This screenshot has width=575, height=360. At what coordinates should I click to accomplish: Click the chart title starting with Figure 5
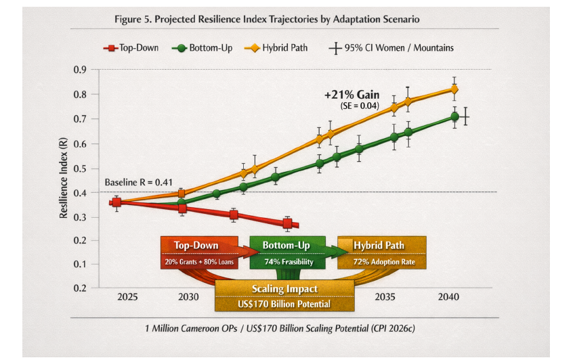pyautogui.click(x=267, y=19)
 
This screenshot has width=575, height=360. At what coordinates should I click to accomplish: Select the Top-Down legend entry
pyautogui.click(x=131, y=48)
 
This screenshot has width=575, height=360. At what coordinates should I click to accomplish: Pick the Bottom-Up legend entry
pyautogui.click(x=202, y=48)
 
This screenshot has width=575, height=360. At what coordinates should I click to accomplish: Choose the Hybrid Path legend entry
pyautogui.click(x=276, y=48)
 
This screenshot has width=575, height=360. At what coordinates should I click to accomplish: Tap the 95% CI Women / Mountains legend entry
pyautogui.click(x=391, y=48)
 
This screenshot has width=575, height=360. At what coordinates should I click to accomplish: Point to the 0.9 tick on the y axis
pyautogui.click(x=80, y=70)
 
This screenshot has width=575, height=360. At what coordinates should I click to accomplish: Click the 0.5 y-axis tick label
pyautogui.click(x=80, y=168)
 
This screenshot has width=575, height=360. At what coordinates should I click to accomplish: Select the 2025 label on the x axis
pyautogui.click(x=127, y=296)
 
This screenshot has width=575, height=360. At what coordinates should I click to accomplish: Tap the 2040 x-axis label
pyautogui.click(x=448, y=296)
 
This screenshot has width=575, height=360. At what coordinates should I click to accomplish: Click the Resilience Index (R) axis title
pyautogui.click(x=64, y=178)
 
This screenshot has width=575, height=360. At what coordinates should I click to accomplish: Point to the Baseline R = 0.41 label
pyautogui.click(x=139, y=182)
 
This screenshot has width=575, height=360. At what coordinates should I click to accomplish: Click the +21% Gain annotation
pyautogui.click(x=352, y=95)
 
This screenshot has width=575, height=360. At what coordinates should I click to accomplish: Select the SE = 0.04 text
pyautogui.click(x=360, y=106)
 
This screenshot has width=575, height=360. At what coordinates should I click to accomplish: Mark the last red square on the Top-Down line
pyautogui.click(x=287, y=223)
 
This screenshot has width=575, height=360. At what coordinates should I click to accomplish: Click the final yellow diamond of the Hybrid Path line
pyautogui.click(x=454, y=89)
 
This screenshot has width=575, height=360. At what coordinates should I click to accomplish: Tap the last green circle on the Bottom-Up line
pyautogui.click(x=454, y=117)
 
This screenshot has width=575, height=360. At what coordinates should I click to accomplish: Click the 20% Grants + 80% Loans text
pyautogui.click(x=199, y=262)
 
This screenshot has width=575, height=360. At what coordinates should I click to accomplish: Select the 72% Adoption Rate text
pyautogui.click(x=384, y=262)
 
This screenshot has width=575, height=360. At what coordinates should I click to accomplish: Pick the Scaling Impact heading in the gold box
pyautogui.click(x=284, y=289)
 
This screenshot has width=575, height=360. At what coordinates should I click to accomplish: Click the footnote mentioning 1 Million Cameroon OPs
pyautogui.click(x=280, y=328)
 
